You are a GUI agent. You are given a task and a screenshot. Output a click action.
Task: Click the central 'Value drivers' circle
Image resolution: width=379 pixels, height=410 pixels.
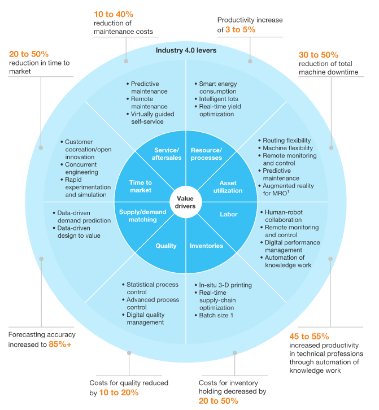(x=186, y=202)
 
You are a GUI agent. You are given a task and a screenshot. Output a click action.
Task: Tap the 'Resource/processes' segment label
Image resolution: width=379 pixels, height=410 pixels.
(x=206, y=154)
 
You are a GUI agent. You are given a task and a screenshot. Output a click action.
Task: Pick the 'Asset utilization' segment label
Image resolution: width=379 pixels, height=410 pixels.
(x=228, y=186)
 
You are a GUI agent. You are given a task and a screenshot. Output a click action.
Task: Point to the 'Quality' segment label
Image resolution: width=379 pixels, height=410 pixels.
(x=166, y=246)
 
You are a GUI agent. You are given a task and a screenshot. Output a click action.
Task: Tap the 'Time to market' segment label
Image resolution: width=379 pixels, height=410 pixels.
(x=140, y=186)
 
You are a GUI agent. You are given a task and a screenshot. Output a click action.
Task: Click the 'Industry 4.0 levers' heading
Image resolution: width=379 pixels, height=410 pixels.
(x=186, y=51)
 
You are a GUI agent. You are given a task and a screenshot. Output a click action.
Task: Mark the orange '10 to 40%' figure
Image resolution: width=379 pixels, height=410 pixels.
(x=112, y=14)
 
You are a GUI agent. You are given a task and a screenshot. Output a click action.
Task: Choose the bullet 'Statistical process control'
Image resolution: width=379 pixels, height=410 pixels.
(x=152, y=289)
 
